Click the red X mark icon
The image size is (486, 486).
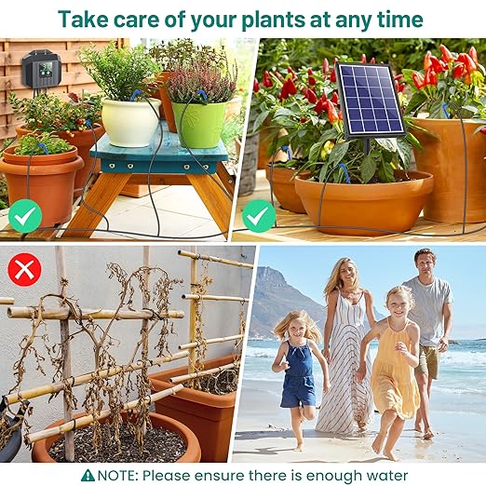click(23, 270)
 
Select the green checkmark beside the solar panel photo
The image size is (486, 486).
click(258, 218)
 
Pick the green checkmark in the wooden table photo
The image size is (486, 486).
click(25, 218)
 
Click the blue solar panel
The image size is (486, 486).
click(369, 100)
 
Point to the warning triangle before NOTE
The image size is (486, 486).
click(88, 475)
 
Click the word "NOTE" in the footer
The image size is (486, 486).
click(118, 475)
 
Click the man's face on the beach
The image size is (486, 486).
click(425, 263)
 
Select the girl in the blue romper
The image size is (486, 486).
click(298, 372)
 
